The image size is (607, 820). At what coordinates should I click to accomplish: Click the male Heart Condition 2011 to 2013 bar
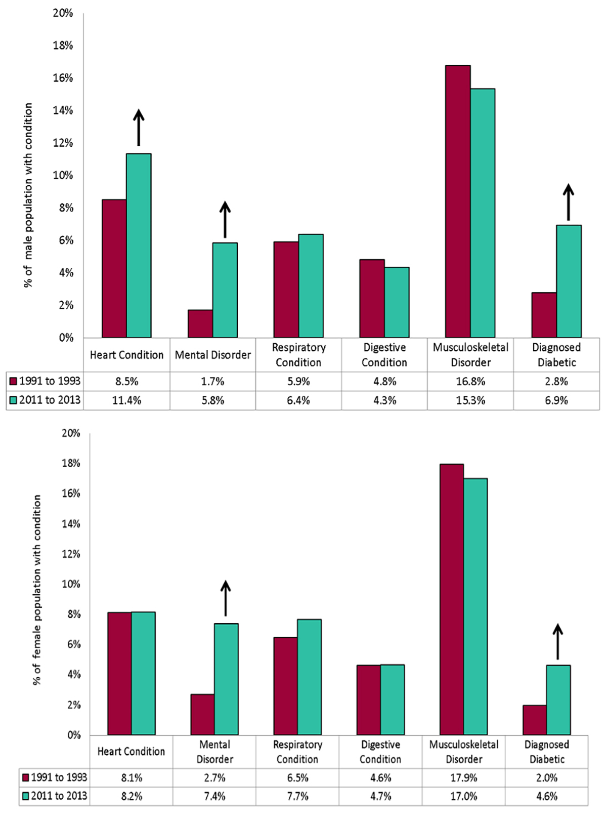(139, 245)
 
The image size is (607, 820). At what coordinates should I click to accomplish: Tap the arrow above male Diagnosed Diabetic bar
(569, 202)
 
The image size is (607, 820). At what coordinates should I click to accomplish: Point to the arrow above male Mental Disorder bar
(225, 219)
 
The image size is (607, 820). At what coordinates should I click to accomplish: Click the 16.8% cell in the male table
(470, 381)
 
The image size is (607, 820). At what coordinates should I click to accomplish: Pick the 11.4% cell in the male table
(126, 400)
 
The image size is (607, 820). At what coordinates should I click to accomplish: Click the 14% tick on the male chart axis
(63, 110)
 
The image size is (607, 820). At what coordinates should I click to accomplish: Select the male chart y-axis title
(28, 195)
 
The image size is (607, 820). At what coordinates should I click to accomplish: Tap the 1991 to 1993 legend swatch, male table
(13, 381)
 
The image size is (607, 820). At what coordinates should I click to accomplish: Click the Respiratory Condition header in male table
(298, 355)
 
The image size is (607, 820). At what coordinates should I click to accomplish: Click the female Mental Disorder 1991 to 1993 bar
(202, 714)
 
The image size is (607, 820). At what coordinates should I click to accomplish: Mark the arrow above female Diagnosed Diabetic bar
(558, 641)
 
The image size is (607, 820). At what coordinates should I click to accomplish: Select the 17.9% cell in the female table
(463, 777)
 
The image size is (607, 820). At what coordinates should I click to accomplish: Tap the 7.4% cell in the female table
(214, 796)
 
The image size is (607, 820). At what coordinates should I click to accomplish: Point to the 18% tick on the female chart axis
(71, 463)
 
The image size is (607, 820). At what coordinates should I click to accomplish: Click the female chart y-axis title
(37, 590)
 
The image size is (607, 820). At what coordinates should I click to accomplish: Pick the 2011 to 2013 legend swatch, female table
(25, 796)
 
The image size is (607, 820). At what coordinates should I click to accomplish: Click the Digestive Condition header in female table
(380, 752)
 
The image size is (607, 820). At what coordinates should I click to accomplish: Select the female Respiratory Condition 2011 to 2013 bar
(309, 677)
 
